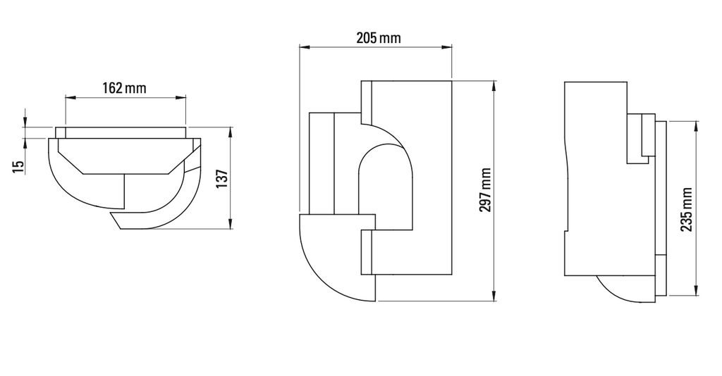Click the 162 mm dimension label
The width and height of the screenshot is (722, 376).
click(125, 88)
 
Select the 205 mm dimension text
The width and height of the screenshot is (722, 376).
click(378, 38)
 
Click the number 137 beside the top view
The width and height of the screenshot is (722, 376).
click(221, 179)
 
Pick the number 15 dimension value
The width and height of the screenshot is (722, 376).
click(18, 166)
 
